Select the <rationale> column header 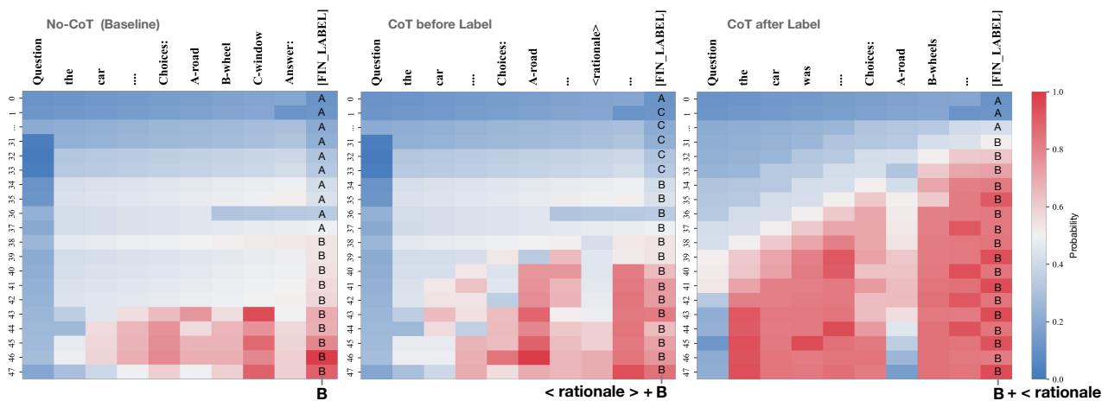pos(597,62)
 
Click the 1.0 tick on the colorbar pos(1056,90)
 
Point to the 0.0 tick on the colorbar pos(1056,379)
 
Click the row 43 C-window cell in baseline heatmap pos(258,313)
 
